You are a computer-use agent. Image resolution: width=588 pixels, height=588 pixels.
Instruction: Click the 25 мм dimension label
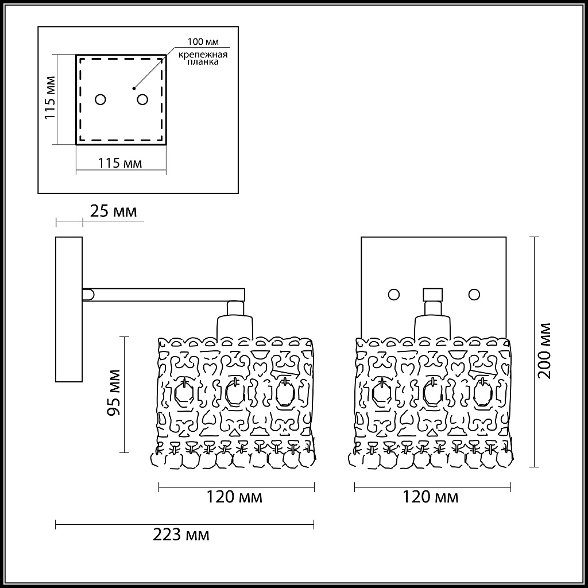click(114, 212)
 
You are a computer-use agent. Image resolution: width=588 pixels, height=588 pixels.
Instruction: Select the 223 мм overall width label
click(181, 536)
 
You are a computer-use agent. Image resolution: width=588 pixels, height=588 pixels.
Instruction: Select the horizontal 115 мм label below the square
click(120, 163)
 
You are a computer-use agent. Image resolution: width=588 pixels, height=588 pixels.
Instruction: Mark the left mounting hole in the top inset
click(100, 100)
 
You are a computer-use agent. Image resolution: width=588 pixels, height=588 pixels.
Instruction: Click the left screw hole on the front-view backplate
click(393, 294)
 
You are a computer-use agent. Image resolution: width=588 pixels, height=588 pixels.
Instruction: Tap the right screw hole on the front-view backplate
click(474, 294)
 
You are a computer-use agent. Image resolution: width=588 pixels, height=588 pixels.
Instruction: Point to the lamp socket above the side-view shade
click(235, 322)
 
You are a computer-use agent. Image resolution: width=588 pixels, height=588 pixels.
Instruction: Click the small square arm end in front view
click(433, 294)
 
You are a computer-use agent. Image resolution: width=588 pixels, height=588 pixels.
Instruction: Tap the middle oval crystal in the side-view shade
click(234, 393)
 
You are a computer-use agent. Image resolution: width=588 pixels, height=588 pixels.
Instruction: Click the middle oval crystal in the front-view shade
click(431, 393)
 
